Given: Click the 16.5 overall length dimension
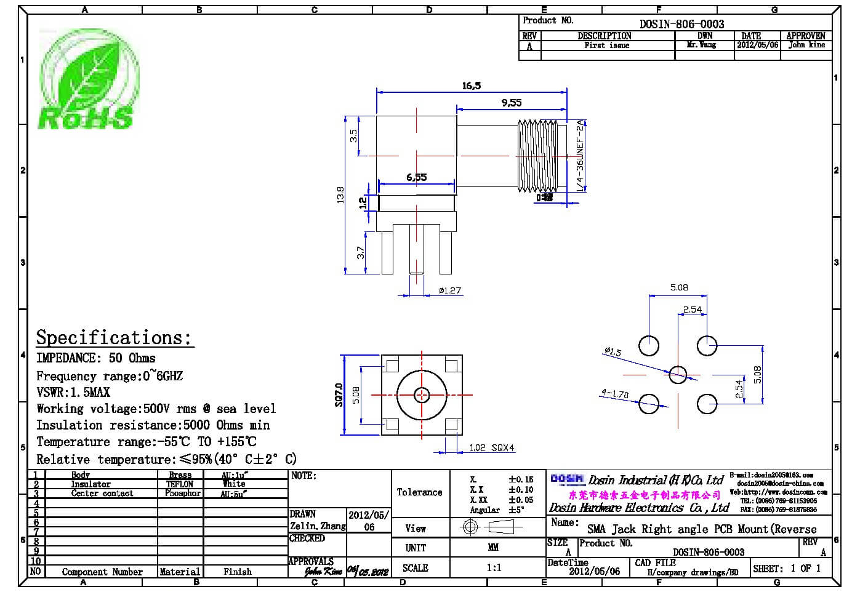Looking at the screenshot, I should point(471,86).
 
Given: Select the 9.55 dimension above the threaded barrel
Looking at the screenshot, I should point(511,103).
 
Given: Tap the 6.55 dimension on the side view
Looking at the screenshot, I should point(416,177).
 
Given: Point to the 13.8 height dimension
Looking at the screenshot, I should point(341,194).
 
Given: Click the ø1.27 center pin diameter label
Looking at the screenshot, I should point(449,290).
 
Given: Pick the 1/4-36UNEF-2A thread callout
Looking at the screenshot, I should point(580,156).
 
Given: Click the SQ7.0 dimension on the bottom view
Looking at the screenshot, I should point(339,394).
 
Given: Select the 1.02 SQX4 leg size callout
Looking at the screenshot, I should point(491,447).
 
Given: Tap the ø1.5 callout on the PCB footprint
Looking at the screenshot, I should point(613,352).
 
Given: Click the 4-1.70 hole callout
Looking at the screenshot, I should point(615,393).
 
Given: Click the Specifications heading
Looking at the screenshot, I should point(114,337).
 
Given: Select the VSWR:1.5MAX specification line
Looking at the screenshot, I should point(73,392).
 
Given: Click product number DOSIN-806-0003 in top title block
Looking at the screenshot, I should point(681,24).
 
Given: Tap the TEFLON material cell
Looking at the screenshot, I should point(179,484).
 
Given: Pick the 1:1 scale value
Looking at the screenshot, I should point(494,567).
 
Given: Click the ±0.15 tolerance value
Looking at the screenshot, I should point(520,479).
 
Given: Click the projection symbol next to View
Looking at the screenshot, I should point(491,527).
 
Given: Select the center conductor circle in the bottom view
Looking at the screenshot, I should point(422,394).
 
